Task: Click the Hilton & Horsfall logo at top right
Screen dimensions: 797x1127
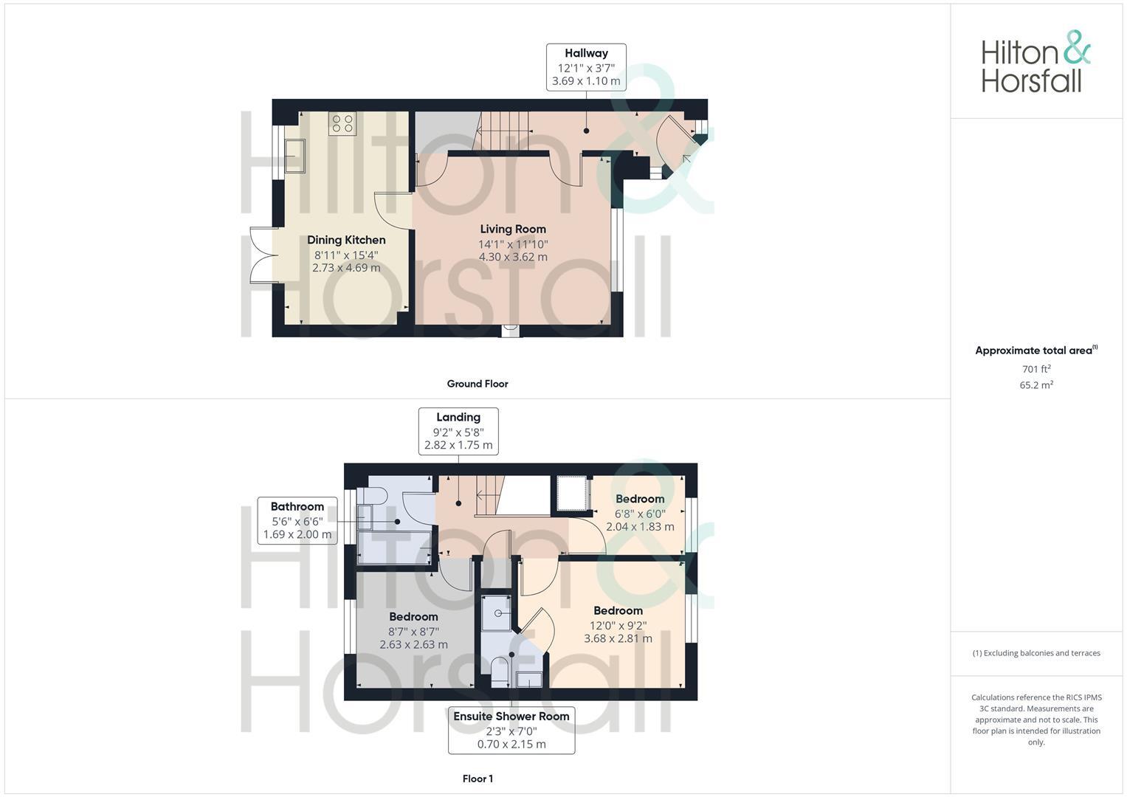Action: (x=1035, y=62)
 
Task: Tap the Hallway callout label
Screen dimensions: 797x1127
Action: (x=586, y=67)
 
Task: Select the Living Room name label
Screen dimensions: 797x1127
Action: (x=513, y=229)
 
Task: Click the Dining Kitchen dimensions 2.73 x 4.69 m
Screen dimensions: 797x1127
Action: (x=346, y=268)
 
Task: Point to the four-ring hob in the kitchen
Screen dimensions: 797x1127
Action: (x=342, y=123)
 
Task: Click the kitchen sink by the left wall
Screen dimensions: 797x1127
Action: (x=295, y=156)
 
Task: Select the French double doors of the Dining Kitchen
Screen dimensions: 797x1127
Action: (x=261, y=255)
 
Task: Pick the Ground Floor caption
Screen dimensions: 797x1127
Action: (x=478, y=384)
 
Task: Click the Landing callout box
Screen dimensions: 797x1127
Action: (x=458, y=431)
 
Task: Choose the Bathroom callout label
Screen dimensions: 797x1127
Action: (x=297, y=520)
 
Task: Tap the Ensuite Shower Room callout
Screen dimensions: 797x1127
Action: (x=511, y=730)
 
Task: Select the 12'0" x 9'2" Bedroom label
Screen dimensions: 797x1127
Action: (x=618, y=624)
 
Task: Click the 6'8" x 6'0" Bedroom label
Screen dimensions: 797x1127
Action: (x=640, y=513)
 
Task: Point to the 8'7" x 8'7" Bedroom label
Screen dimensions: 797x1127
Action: (x=413, y=631)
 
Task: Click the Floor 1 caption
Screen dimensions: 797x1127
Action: (x=478, y=779)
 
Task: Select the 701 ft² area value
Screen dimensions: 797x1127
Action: (x=1036, y=369)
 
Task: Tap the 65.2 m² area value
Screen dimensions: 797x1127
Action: (x=1036, y=384)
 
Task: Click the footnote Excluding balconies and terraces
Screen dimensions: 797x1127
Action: (x=1036, y=653)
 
